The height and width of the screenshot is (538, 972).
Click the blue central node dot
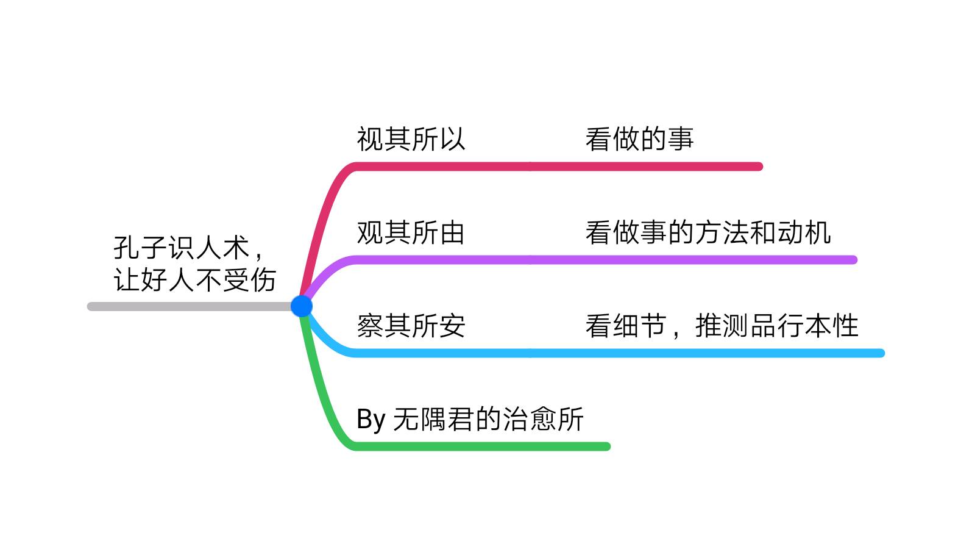[302, 306]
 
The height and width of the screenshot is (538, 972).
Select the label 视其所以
[411, 139]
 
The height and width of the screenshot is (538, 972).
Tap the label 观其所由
[411, 232]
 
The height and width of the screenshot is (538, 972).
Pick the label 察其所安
[411, 326]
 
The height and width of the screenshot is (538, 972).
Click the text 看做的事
[639, 139]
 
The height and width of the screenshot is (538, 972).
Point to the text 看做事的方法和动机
[708, 232]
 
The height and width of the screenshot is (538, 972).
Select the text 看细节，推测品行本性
[722, 326]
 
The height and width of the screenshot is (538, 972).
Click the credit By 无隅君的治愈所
[470, 419]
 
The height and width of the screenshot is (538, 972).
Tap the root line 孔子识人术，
[189, 248]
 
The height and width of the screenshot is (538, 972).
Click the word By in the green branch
[371, 420]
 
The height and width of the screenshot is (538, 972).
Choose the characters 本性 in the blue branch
[831, 326]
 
